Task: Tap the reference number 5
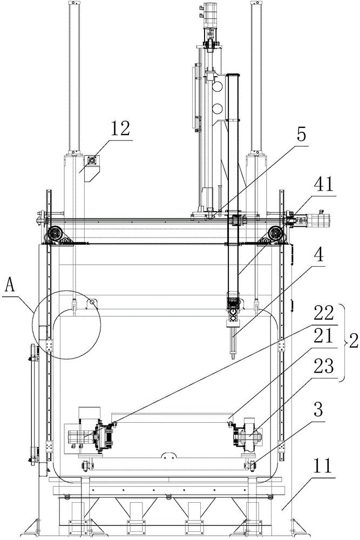[301, 135]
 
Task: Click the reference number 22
[325, 313]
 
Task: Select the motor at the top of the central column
[209, 16]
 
